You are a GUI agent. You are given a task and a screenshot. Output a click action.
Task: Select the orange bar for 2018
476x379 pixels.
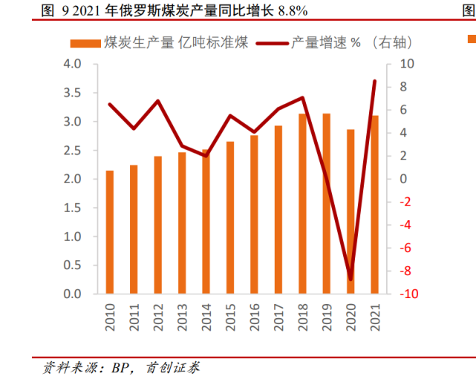click(303, 204)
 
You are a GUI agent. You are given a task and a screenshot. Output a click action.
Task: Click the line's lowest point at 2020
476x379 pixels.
click(351, 280)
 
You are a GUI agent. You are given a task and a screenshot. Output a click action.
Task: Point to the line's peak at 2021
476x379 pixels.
click(374, 81)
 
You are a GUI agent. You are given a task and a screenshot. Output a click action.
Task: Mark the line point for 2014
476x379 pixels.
click(206, 156)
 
